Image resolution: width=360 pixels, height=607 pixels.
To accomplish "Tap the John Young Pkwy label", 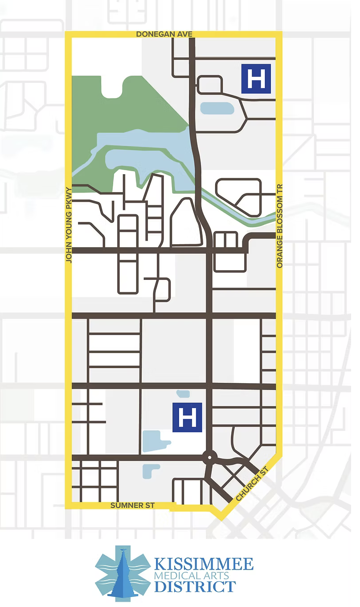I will point(69,224).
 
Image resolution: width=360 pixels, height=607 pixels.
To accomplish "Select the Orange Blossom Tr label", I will point(280,226).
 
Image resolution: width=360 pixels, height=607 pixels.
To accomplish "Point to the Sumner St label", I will point(132,505).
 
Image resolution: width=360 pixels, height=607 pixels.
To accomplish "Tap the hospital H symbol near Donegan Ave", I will point(256,79).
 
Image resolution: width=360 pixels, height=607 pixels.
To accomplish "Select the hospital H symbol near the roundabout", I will point(187,418).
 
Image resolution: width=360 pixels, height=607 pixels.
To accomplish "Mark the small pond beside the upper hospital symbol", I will point(217,108).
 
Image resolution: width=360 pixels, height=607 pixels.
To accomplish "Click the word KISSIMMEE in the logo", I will point(204,564).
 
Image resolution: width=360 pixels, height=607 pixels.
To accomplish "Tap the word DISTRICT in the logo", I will point(195,587).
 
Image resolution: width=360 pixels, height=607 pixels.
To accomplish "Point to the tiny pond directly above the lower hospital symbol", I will point(183,394).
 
